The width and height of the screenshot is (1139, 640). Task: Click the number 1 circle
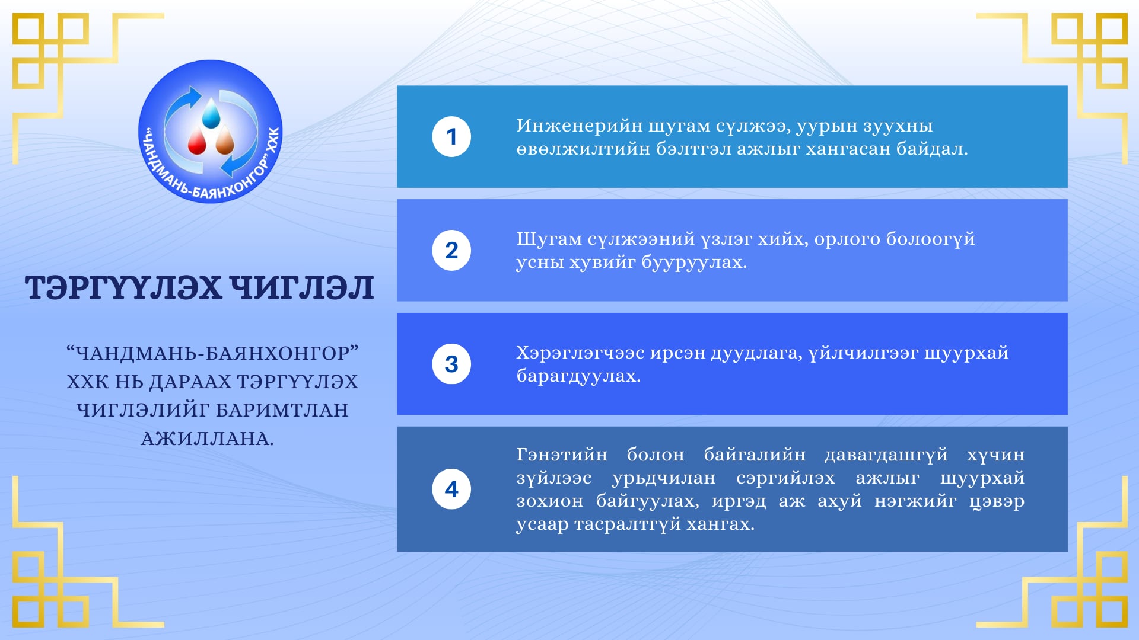click(451, 137)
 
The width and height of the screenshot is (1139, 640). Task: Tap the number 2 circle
click(451, 251)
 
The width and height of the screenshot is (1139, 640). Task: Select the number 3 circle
click(451, 364)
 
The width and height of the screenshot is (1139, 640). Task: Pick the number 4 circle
click(451, 489)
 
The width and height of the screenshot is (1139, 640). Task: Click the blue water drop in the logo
click(211, 113)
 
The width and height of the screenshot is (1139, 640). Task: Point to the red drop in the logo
click(196, 142)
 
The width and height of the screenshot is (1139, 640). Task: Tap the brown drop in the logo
click(225, 142)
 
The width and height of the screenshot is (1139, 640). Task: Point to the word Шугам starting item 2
click(549, 239)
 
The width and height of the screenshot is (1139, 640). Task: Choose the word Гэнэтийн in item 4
click(562, 455)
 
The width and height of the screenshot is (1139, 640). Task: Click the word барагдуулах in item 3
click(578, 376)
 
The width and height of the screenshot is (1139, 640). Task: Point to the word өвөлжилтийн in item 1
click(583, 149)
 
